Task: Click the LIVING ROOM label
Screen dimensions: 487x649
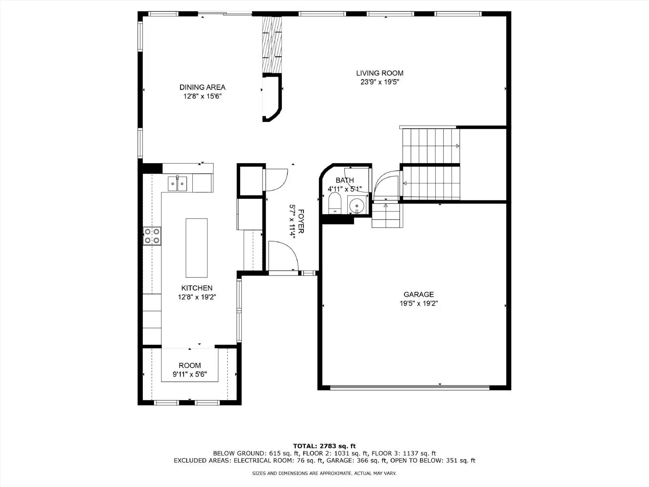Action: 380,73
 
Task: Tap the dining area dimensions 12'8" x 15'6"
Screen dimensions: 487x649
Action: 202,96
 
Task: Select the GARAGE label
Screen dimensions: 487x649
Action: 419,294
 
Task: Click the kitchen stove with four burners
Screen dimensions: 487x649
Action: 152,236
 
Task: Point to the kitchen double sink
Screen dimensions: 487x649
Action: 178,184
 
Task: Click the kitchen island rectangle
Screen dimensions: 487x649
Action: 197,248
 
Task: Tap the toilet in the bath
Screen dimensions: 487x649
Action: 335,203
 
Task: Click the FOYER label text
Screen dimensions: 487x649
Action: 301,221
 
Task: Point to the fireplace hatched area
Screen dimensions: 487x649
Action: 272,45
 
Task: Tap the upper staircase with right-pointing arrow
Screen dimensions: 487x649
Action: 431,145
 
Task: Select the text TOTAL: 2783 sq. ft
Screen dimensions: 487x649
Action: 324,446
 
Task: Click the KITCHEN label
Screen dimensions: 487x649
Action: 197,288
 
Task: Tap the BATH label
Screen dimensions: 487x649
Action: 345,180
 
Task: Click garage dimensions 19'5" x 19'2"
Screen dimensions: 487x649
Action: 419,303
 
